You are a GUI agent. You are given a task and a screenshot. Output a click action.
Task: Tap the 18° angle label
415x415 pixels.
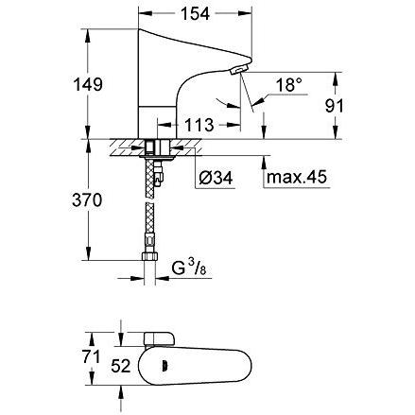coord(287,85)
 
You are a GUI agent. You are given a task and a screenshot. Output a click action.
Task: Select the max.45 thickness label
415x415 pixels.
coord(297,178)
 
